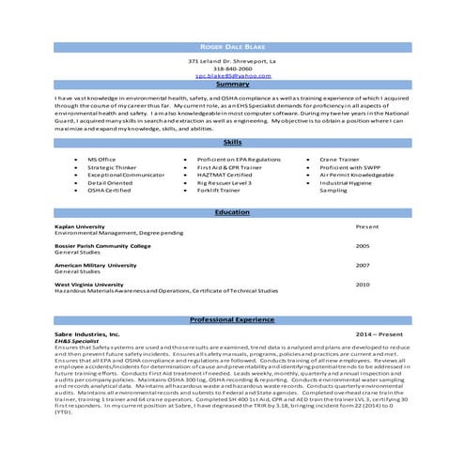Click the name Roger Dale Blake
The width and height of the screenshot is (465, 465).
pyautogui.click(x=232, y=46)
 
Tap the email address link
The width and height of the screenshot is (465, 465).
pyautogui.click(x=232, y=75)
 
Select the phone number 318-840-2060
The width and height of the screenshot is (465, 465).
pyautogui.click(x=232, y=68)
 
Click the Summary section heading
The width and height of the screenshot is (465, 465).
pyautogui.click(x=232, y=85)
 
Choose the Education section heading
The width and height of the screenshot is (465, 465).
pyautogui.click(x=232, y=212)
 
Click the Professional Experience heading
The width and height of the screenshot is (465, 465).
pyautogui.click(x=232, y=320)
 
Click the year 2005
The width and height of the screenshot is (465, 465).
pyautogui.click(x=363, y=245)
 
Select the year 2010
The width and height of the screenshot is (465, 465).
pyautogui.click(x=363, y=284)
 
